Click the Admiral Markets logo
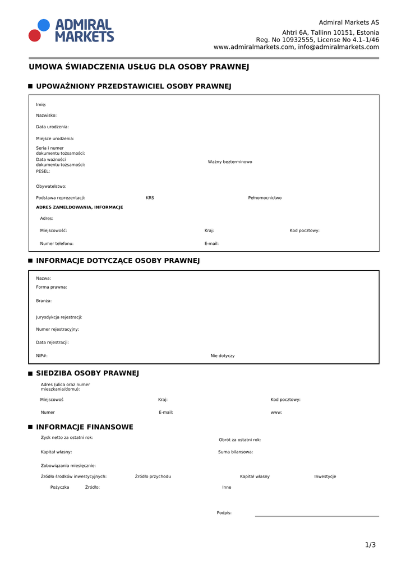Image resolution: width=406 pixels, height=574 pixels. tap(71, 30)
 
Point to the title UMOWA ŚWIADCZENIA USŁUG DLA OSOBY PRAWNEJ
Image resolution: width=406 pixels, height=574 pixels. tap(139, 67)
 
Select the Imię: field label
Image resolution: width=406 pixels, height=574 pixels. tap(41, 105)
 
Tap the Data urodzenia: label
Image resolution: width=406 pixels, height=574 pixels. tap(52, 127)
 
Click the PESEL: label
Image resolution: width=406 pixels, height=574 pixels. tap(43, 172)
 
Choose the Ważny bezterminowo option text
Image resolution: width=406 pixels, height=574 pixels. tap(230, 162)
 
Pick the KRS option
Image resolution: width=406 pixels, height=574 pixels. tap(150, 198)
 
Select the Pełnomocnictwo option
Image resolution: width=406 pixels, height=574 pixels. tap(265, 198)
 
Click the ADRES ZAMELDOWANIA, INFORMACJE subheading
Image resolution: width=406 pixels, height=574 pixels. tap(79, 207)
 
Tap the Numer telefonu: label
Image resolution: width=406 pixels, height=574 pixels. tap(57, 244)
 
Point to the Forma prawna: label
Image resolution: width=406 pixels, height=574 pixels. tap(52, 287)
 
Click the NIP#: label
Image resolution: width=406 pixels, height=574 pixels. tap(42, 356)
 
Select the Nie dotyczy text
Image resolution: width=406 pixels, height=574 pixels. tap(223, 356)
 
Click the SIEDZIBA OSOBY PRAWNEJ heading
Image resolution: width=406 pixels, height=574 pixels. tap(87, 373)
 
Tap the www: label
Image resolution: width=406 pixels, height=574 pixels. tap(276, 413)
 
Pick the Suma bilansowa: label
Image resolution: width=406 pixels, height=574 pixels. tap(236, 452)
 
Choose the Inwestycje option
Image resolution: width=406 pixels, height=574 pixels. tap(325, 476)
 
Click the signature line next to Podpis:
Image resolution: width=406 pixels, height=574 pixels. tap(317, 515)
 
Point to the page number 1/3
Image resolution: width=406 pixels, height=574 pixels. tap(370, 545)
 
